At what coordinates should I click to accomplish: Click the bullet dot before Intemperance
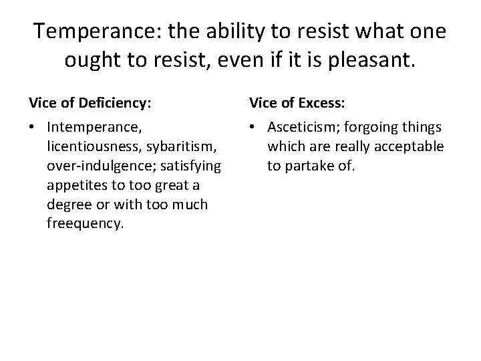coord(33,127)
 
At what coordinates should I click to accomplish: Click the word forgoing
coord(369,126)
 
